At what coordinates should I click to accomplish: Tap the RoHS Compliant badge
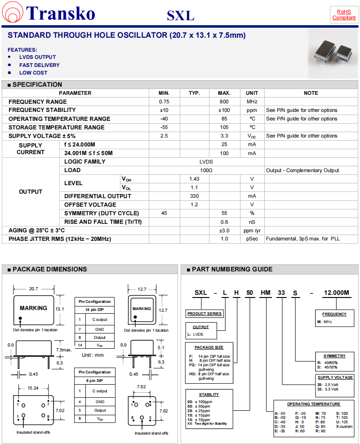click(344, 14)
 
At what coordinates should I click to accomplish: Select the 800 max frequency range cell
click(224, 102)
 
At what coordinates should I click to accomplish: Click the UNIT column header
click(252, 93)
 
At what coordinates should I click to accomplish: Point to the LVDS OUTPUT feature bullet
click(37, 57)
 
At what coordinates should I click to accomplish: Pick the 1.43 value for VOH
click(194, 179)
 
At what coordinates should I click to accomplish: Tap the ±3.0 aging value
click(224, 231)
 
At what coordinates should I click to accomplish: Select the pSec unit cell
click(252, 239)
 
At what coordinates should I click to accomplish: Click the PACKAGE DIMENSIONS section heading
click(49, 269)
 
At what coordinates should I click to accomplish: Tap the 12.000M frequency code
click(336, 293)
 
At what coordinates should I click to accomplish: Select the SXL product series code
click(200, 293)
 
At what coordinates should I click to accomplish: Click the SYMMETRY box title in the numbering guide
click(334, 356)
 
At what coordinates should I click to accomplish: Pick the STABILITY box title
click(209, 395)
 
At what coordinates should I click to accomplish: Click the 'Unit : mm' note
click(93, 355)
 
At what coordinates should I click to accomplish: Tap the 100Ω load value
click(206, 170)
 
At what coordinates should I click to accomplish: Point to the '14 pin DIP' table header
click(94, 311)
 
